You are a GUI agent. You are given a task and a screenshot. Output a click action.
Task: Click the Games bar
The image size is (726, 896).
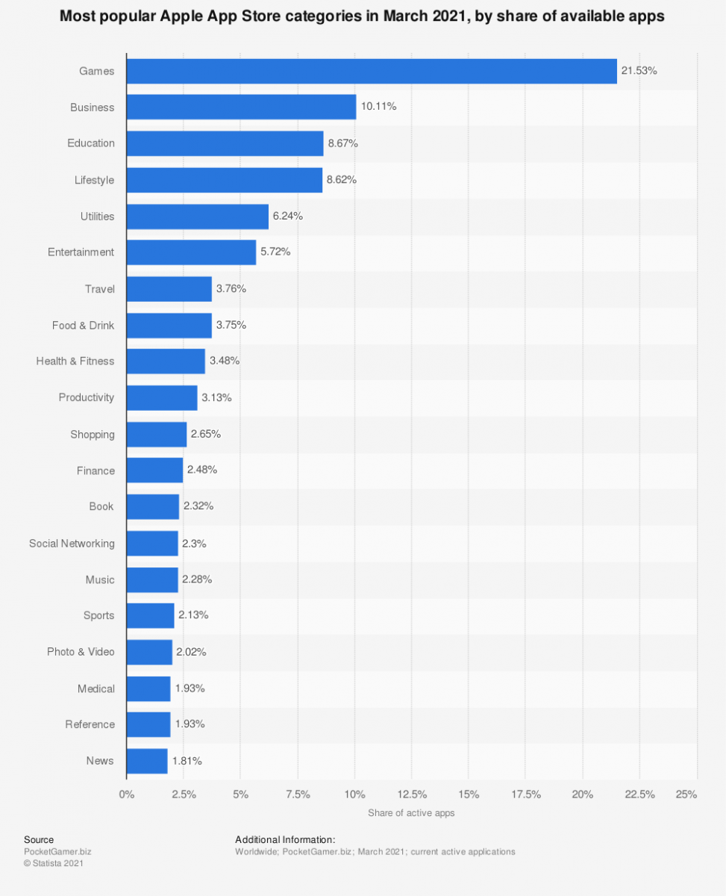[372, 71]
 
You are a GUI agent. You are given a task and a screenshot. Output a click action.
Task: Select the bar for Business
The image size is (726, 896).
[241, 107]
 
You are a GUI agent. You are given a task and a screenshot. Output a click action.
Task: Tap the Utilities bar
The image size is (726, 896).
[197, 217]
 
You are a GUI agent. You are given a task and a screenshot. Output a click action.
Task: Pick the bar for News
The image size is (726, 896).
[147, 761]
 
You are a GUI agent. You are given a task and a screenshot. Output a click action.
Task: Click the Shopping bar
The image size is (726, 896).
[156, 435]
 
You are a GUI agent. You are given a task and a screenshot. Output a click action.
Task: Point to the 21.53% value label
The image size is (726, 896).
[639, 71]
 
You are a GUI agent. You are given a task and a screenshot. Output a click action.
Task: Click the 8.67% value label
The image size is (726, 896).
[342, 143]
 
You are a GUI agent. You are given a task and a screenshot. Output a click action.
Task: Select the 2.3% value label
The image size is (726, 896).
[194, 544]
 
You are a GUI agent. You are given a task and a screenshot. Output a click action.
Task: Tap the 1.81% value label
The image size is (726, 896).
[187, 761]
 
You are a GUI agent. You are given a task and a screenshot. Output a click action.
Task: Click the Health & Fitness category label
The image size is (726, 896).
[75, 361]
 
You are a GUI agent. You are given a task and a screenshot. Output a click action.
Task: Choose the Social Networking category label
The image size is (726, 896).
[72, 544]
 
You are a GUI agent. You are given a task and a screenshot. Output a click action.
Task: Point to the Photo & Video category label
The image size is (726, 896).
[81, 652]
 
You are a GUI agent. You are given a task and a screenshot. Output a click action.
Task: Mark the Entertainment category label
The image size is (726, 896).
[81, 252]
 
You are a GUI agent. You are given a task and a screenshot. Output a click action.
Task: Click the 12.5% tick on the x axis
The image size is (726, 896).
[412, 794]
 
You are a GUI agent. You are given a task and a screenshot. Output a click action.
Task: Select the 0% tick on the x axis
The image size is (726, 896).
[127, 794]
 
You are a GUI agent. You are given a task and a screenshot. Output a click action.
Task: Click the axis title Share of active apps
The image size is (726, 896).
[411, 813]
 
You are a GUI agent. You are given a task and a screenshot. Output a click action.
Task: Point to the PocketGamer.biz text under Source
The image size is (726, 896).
[57, 852]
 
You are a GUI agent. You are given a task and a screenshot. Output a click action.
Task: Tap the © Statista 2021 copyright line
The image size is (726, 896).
[54, 864]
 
